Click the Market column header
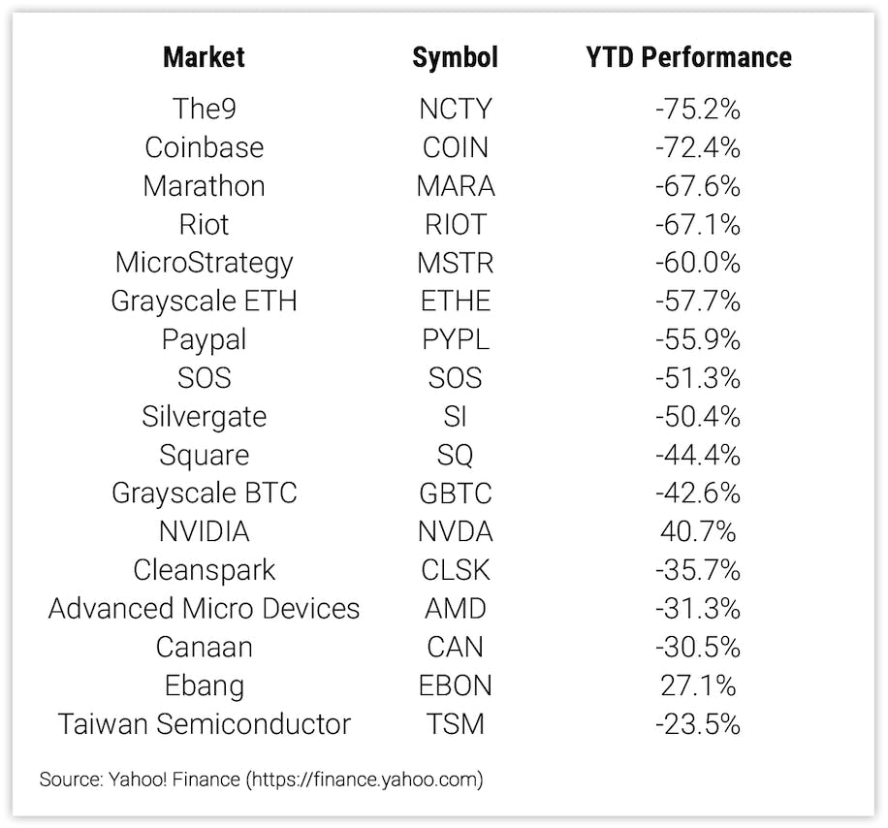point(204,57)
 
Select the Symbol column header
point(455,57)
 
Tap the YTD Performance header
point(688,57)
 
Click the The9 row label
point(204,109)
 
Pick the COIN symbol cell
point(455,147)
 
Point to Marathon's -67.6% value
point(697,186)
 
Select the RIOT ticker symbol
point(455,225)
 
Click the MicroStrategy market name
point(204,263)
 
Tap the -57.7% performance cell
point(697,302)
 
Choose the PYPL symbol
point(455,340)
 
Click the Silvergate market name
point(204,417)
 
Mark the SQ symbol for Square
point(455,456)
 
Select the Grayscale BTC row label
point(204,494)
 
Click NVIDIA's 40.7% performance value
point(697,532)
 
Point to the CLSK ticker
point(455,570)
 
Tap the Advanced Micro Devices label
point(204,609)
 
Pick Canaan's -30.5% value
point(697,648)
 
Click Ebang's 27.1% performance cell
point(697,685)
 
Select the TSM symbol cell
point(455,724)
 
